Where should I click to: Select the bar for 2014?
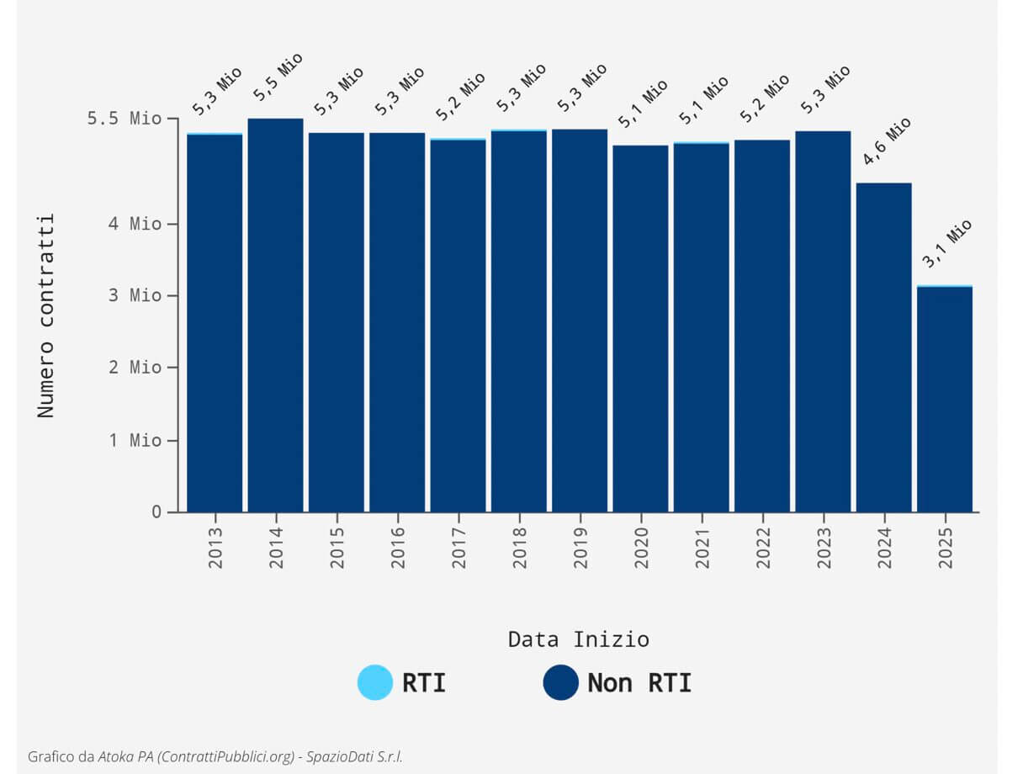coord(275,315)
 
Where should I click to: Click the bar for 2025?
coord(944,400)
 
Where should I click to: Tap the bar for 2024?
coord(883,347)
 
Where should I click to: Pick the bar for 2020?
coord(640,329)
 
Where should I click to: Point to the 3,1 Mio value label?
coord(946,243)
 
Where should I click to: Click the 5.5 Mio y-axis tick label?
coord(124,119)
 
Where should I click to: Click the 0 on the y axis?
coord(156,512)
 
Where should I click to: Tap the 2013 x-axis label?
coord(215,548)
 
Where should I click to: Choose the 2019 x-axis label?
coord(580,548)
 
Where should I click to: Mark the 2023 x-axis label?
coord(824,548)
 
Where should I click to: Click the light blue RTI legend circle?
coord(374,682)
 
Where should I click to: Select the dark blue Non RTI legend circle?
coord(560,682)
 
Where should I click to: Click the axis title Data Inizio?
coord(578,639)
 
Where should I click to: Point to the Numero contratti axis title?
coord(46,315)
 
